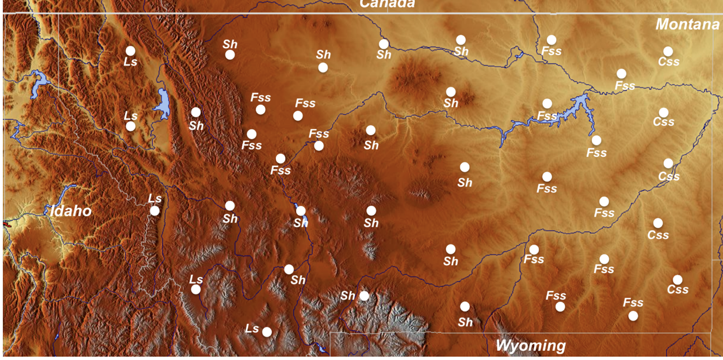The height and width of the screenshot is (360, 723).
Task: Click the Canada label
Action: [x=387, y=3]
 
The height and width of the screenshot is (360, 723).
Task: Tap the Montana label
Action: [x=687, y=24]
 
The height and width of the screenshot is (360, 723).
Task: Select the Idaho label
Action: [x=71, y=210]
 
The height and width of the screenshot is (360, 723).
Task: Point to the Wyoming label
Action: [x=530, y=346]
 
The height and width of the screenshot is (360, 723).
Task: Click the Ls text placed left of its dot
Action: [x=251, y=329]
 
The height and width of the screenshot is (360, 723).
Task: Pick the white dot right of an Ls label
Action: [x=267, y=332]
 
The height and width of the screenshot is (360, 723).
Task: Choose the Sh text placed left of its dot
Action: [x=348, y=296]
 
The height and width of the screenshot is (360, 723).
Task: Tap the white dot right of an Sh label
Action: [x=364, y=296]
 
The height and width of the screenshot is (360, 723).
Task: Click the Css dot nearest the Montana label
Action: [x=668, y=51]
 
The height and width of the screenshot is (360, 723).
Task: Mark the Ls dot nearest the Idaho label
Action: [x=155, y=210]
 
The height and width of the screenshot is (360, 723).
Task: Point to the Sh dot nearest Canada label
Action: [x=384, y=43]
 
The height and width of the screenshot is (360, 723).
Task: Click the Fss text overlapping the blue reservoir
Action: [x=547, y=116]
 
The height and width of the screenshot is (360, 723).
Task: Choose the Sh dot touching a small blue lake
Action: [x=301, y=210]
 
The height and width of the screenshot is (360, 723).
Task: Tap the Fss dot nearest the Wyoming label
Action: [x=560, y=307]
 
